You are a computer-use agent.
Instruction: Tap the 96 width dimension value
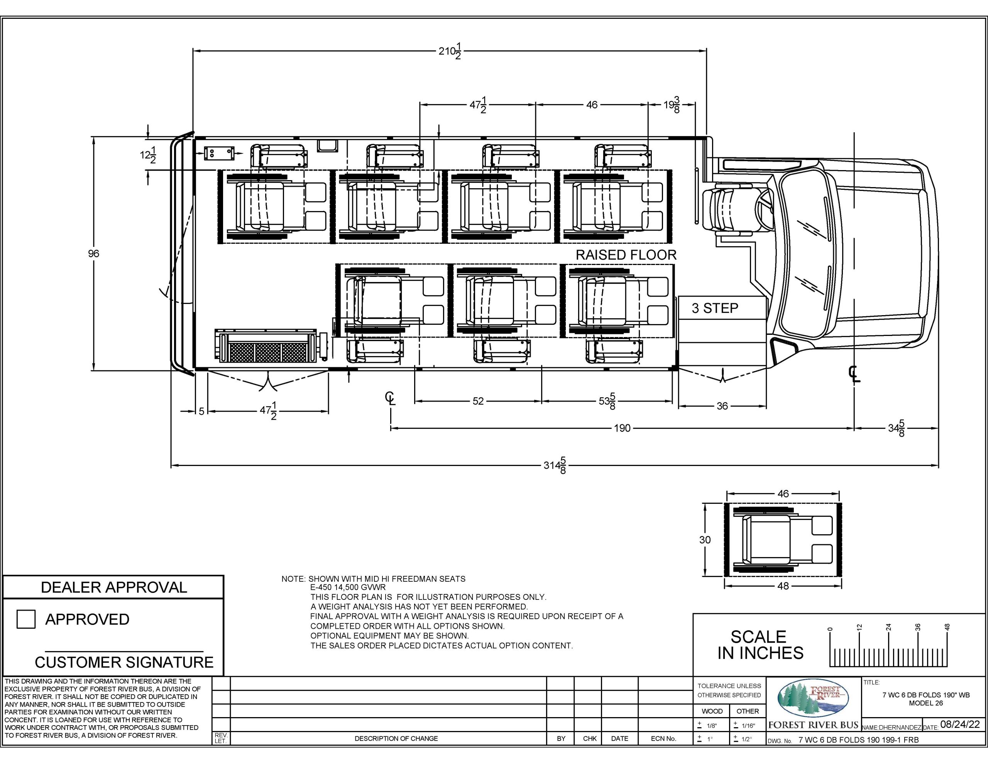pyautogui.click(x=94, y=254)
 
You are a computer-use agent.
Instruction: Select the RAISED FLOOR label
pyautogui.click(x=626, y=255)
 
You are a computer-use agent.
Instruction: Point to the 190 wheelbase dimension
pyautogui.click(x=622, y=428)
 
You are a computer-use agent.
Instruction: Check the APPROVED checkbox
pyautogui.click(x=26, y=619)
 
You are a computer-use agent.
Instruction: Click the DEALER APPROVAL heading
pyautogui.click(x=114, y=587)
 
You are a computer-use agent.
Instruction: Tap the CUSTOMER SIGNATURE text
pyautogui.click(x=124, y=662)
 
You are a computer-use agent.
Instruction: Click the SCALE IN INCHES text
pyautogui.click(x=760, y=645)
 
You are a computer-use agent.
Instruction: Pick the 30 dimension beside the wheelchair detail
pyautogui.click(x=705, y=540)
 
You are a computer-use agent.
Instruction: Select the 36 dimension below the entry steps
pyautogui.click(x=722, y=406)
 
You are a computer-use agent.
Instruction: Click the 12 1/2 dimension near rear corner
pyautogui.click(x=148, y=155)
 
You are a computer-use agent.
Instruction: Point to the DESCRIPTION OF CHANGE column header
pyautogui.click(x=396, y=739)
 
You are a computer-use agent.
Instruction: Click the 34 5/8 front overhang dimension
pyautogui.click(x=896, y=428)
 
